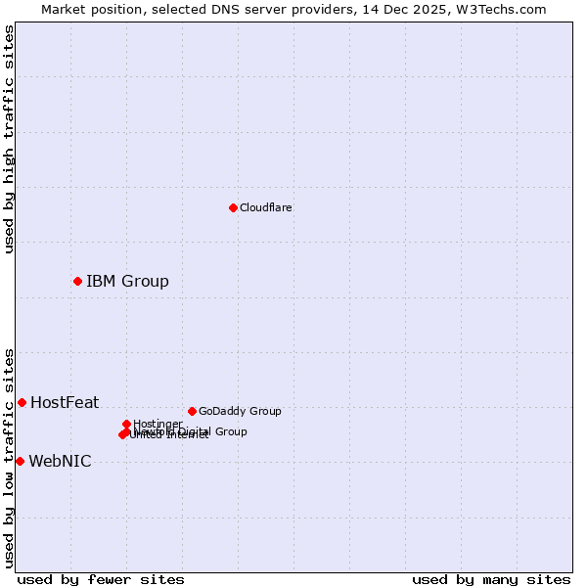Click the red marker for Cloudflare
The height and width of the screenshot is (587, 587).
click(233, 207)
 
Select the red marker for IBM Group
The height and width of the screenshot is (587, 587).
click(77, 282)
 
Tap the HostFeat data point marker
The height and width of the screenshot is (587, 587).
click(22, 403)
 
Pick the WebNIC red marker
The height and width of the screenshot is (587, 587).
click(20, 462)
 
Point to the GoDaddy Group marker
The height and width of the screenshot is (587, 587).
click(192, 412)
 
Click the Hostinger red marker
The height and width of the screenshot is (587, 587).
click(126, 424)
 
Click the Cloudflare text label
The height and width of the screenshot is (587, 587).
click(265, 207)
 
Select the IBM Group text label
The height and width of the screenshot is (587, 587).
click(127, 282)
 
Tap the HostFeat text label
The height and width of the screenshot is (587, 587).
click(65, 403)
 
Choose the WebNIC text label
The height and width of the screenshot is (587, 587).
click(60, 462)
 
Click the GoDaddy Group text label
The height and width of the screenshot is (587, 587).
click(240, 412)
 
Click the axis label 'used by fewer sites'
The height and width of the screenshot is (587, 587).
click(101, 580)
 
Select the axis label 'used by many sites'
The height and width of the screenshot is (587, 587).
click(491, 580)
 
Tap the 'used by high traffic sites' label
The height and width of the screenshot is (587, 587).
click(9, 139)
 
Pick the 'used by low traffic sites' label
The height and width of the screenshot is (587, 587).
click(9, 457)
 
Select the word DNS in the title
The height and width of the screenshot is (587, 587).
click(211, 10)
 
